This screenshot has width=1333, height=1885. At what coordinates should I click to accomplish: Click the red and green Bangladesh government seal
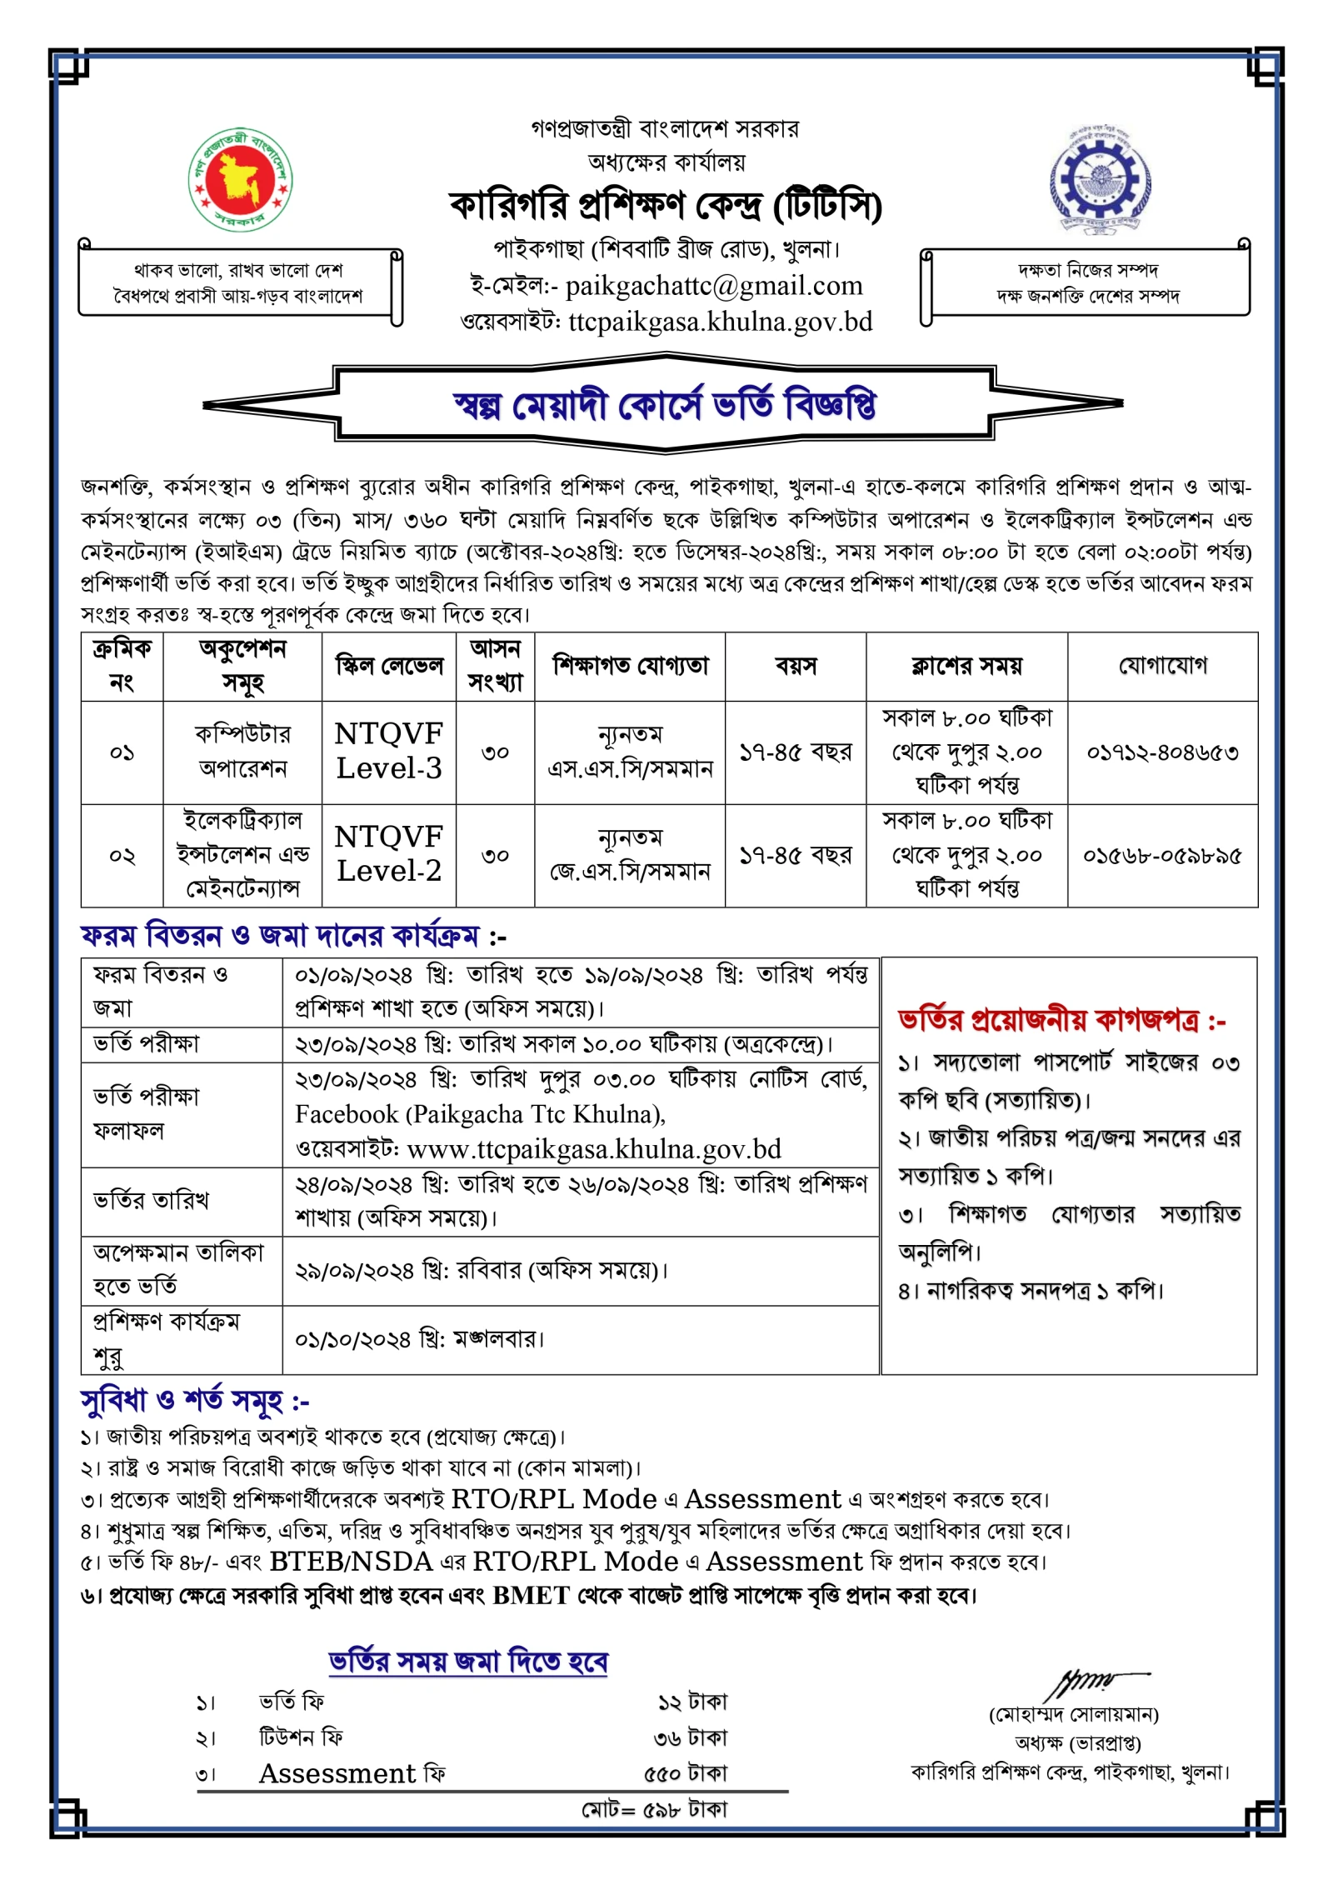239,180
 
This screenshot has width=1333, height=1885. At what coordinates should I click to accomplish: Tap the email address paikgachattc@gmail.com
713,286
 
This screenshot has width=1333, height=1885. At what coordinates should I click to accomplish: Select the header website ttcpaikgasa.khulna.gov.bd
720,322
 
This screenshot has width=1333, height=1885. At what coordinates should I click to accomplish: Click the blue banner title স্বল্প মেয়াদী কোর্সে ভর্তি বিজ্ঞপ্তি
664,405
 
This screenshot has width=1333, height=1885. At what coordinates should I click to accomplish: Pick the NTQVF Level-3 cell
388,751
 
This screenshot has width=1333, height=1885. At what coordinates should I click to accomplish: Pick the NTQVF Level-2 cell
388,854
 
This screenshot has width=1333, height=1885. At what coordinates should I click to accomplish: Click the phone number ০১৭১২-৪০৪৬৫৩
1162,752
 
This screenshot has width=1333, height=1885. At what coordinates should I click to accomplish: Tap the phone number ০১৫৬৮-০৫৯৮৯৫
1162,856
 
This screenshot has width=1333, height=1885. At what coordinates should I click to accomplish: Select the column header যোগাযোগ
1162,665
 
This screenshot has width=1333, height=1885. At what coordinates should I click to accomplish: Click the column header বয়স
796,666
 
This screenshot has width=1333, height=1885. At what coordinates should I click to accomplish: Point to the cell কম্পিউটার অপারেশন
242,751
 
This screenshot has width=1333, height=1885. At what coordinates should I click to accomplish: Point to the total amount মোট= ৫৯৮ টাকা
654,1810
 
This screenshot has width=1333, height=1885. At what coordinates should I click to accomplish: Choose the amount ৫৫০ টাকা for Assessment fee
685,1772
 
